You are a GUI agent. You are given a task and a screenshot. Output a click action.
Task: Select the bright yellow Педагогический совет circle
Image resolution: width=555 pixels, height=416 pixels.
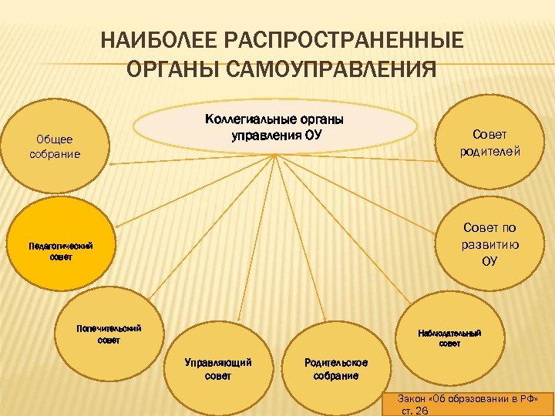pyautogui.click(x=60, y=251)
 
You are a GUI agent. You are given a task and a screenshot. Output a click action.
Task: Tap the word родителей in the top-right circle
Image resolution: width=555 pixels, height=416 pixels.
pyautogui.click(x=490, y=151)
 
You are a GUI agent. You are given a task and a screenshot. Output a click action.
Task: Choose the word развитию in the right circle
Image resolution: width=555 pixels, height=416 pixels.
pyautogui.click(x=490, y=244)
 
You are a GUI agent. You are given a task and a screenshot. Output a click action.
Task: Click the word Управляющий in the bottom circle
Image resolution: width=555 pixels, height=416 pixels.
pyautogui.click(x=219, y=362)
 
